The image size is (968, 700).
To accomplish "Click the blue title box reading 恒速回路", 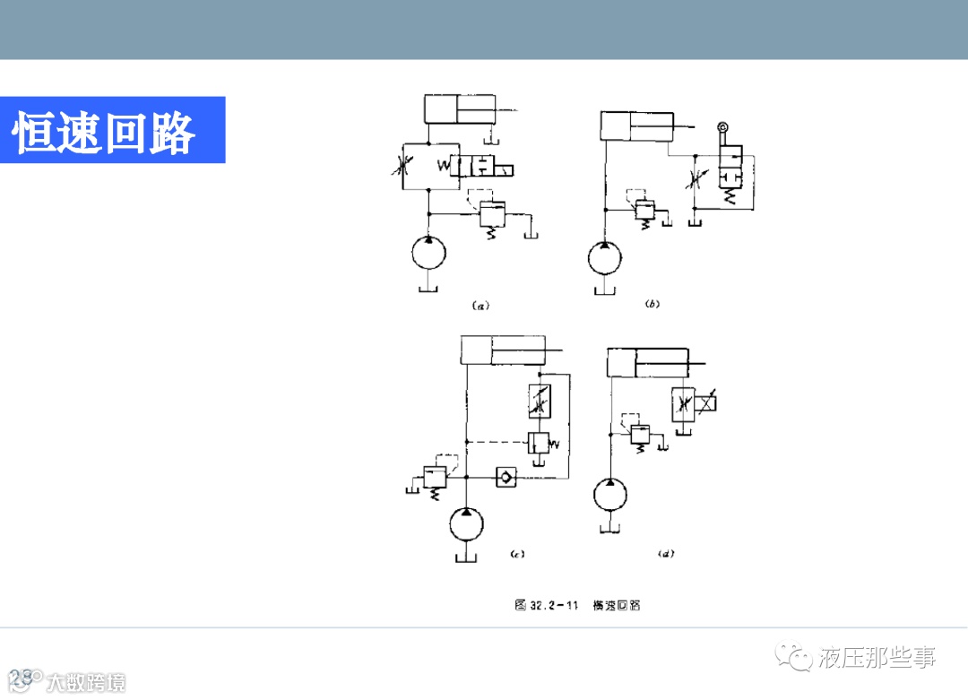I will pyautogui.click(x=112, y=130).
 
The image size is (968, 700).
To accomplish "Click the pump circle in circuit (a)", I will pyautogui.click(x=428, y=253).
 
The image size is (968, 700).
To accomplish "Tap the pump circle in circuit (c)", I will pyautogui.click(x=466, y=523).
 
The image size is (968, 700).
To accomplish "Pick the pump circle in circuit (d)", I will pyautogui.click(x=610, y=495).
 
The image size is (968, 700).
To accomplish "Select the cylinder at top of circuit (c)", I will pyautogui.click(x=498, y=350).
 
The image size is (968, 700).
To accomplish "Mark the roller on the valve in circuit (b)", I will pyautogui.click(x=723, y=131).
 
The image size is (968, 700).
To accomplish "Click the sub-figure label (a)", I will pyautogui.click(x=480, y=306).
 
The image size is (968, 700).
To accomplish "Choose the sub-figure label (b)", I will pyautogui.click(x=653, y=305).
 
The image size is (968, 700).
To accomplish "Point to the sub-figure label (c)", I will pyautogui.click(x=516, y=554).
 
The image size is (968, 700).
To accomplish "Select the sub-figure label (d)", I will pyautogui.click(x=665, y=554).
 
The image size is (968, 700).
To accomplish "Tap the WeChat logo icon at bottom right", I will pyautogui.click(x=793, y=659).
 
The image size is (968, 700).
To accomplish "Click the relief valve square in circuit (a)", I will pyautogui.click(x=493, y=214).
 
